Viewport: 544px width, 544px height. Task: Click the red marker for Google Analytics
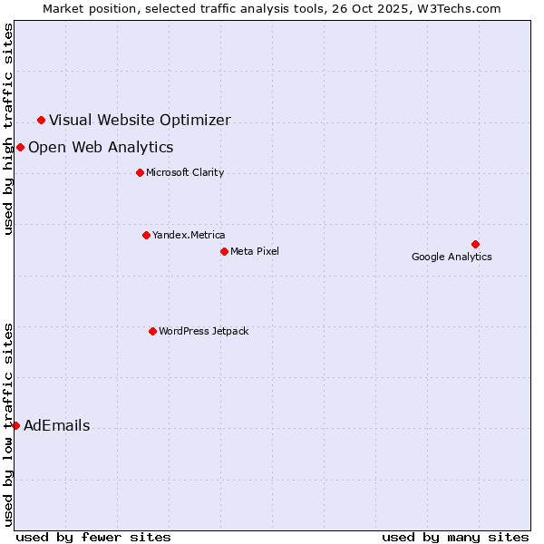pos(475,244)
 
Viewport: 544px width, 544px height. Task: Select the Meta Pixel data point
pos(224,251)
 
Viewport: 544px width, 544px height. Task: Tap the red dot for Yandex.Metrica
pos(146,235)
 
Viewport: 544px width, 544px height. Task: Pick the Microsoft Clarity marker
pos(140,172)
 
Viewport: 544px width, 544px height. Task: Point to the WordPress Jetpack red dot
pos(152,331)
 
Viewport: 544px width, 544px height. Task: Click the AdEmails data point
pos(15,425)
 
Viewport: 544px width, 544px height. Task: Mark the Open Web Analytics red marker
pos(20,147)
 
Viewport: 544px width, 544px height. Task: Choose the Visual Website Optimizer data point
pos(41,120)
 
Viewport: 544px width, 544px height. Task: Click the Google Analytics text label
pos(452,257)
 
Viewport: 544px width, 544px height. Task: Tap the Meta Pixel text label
pos(255,251)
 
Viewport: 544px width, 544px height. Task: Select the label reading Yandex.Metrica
pos(189,235)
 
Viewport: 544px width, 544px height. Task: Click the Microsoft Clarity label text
pos(185,172)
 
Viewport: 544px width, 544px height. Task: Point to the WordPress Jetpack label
pos(203,331)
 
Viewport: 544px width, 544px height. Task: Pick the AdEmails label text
pos(56,425)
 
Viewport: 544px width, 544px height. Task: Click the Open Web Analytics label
pos(101,147)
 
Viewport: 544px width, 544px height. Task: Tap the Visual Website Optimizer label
pos(140,120)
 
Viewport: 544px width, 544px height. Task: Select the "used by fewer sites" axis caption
pos(93,537)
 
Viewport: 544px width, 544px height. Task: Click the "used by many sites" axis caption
pos(455,537)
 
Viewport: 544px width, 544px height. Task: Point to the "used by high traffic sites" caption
pos(9,129)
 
